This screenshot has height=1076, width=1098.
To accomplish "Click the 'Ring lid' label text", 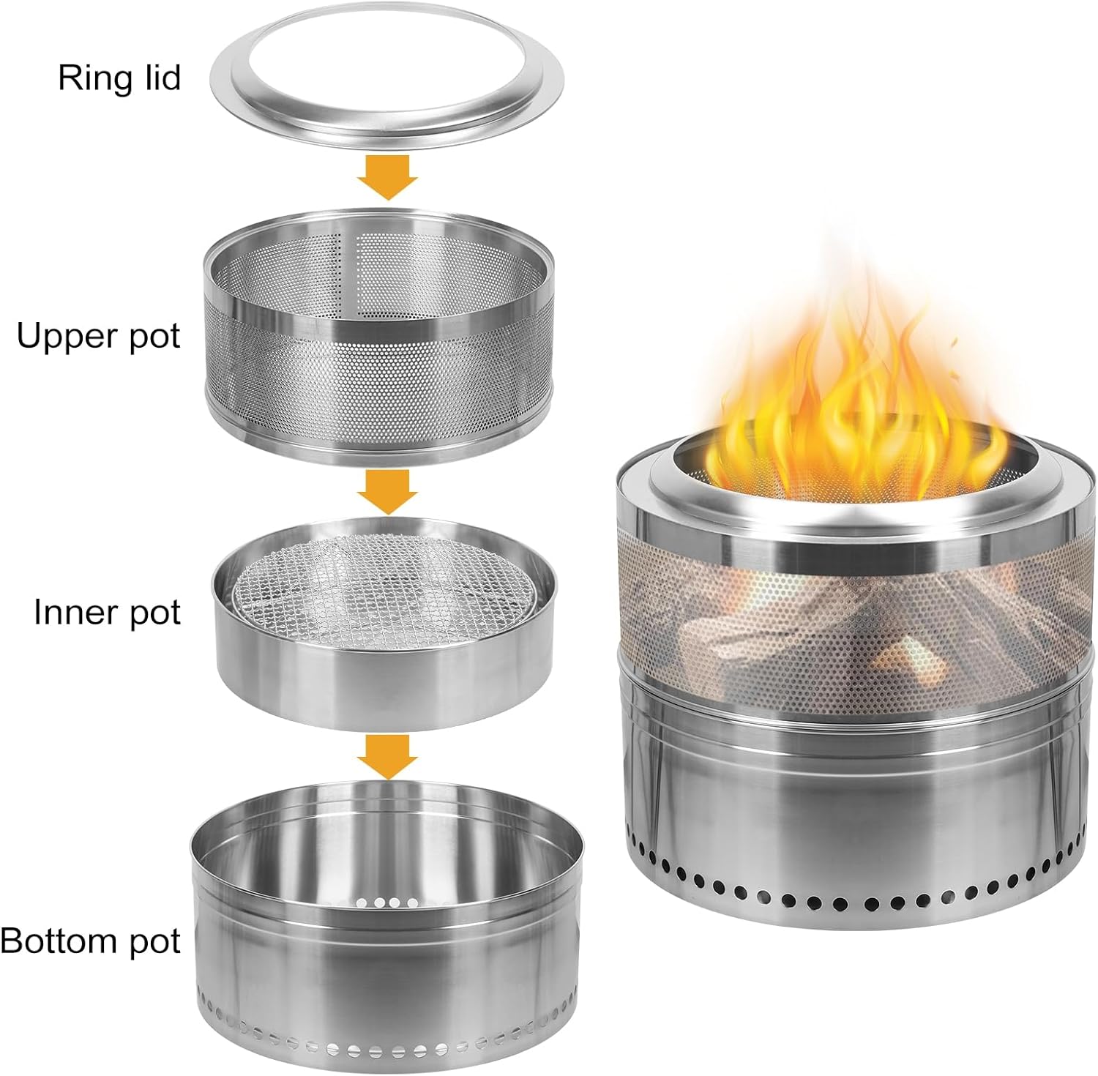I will pos(119,78).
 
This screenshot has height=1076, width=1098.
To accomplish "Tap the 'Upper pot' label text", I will pos(98,337).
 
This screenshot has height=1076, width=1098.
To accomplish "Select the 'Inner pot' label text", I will pos(107,612).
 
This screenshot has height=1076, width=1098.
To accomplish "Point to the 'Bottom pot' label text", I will pos(91,941).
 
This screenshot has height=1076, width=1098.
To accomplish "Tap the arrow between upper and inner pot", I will pos(387,491).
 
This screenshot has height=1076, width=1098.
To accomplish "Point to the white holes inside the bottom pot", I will pos(387,902).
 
